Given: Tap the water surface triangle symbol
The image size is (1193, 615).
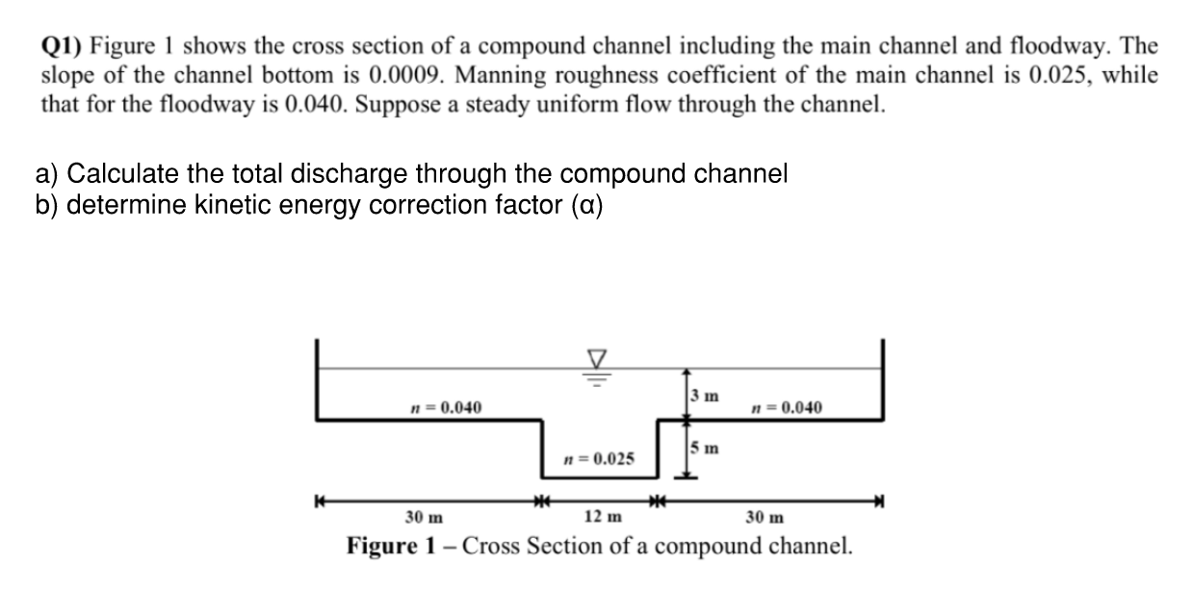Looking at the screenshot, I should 596,359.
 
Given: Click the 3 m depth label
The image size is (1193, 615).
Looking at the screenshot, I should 703,396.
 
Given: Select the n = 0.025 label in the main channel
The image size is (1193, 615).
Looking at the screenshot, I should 598,458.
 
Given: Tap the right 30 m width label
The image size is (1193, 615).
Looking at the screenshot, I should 765,517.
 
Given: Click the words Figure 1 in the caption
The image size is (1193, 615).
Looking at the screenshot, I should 399,547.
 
